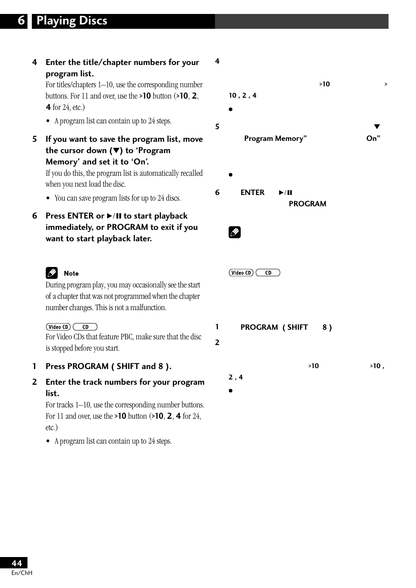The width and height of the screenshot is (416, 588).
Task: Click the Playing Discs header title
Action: coord(72,21)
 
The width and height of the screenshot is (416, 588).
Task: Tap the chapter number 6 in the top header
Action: coord(21,21)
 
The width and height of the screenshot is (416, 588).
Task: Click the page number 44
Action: coord(17,563)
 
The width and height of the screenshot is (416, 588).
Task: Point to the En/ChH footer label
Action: coord(22,573)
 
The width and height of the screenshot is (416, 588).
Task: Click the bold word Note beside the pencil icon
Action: coord(71,273)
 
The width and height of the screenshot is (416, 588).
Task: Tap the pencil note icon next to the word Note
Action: coord(52,273)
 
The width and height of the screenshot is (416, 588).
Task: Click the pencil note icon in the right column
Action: coord(235,232)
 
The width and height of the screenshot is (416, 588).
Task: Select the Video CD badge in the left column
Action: coord(58,327)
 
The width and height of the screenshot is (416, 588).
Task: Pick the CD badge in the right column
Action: coord(268,273)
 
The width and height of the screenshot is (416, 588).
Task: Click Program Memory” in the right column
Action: coord(275,138)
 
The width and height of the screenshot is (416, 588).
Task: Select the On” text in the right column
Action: coord(373,138)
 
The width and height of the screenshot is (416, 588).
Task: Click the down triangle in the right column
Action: coord(377,127)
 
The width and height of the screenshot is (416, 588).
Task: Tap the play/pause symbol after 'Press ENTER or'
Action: coord(114,216)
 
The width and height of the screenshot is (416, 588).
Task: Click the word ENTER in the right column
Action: coord(252,192)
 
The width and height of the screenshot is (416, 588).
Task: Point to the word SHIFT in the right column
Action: coord(297,327)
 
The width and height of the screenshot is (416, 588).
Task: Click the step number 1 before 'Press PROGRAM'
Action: coord(34,366)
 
